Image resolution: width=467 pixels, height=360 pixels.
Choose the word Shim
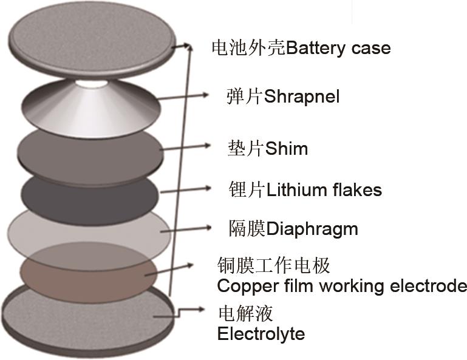(x=286, y=148)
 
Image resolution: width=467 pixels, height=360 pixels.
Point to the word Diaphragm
(x=312, y=229)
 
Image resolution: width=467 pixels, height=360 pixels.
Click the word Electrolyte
(x=261, y=333)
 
